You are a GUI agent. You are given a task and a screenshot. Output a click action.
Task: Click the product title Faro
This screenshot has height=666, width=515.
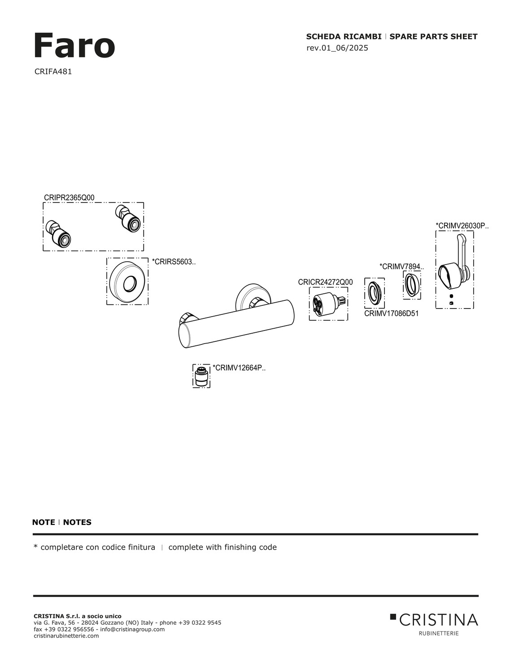[x=74, y=46]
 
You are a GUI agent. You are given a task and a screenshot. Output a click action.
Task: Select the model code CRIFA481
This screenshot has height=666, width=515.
[x=53, y=71]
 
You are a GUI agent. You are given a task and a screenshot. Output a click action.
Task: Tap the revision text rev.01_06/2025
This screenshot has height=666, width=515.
[x=337, y=48]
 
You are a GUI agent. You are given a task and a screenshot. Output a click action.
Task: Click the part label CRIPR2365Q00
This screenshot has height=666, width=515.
[x=69, y=198]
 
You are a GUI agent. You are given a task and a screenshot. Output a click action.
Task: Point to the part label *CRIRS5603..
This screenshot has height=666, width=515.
[x=174, y=262]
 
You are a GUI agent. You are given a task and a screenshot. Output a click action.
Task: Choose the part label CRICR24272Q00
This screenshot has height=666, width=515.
[x=325, y=282]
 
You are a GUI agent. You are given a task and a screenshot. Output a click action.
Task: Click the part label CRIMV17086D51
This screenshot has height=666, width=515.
[x=391, y=313]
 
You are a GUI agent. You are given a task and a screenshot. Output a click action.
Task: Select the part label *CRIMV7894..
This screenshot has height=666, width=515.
[x=401, y=266]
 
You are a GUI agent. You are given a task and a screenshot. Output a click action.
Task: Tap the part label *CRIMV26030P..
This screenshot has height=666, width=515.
[x=462, y=225]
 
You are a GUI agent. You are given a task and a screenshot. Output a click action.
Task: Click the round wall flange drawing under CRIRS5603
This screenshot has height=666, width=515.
[x=127, y=282]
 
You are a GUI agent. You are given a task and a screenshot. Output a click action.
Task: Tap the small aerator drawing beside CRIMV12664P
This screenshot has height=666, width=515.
[x=201, y=376]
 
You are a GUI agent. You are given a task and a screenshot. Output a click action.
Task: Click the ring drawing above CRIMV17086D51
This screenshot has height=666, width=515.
[x=374, y=291]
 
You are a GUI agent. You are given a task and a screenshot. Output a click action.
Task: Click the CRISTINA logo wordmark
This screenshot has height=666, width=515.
[x=434, y=620]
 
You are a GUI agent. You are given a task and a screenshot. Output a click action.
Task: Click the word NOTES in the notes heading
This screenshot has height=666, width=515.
[x=77, y=522]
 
